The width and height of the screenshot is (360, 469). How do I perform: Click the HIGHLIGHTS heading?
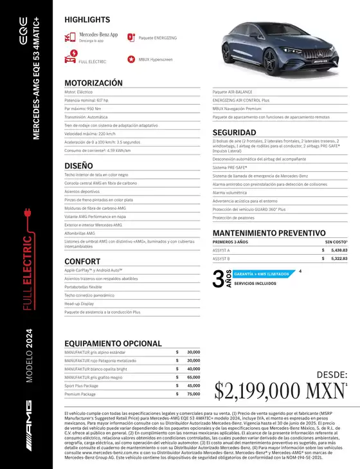click(87, 20)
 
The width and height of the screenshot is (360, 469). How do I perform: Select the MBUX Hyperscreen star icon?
click(132, 59)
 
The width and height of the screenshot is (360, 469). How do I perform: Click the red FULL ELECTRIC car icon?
click(69, 59)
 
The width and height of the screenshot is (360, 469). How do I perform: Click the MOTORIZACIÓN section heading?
click(93, 83)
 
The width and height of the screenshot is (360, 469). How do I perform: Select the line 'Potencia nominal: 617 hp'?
click(87, 100)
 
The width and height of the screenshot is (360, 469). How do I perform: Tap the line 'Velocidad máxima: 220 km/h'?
click(90, 134)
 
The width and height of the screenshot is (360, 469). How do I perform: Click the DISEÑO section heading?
click(78, 165)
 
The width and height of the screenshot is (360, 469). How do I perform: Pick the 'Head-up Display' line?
click(80, 303)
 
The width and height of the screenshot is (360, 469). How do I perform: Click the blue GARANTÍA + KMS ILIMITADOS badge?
click(262, 273)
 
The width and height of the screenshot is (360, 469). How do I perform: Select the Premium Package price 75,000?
click(193, 393)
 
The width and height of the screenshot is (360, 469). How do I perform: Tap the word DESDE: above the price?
click(332, 374)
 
